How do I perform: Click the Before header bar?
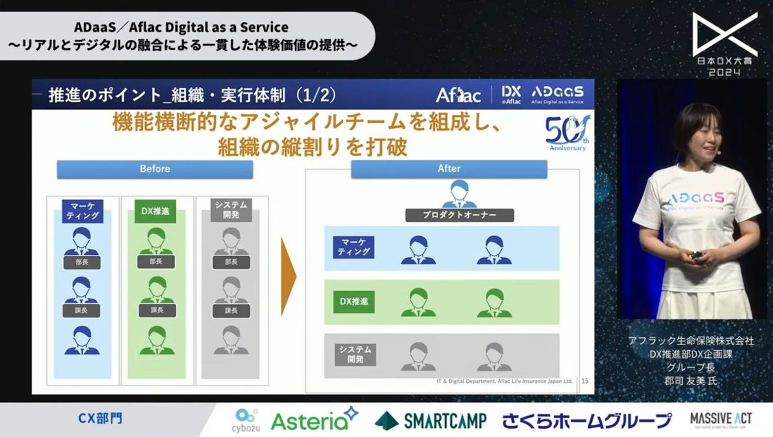point(155,169)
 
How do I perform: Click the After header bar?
point(449,169)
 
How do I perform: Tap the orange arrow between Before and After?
point(289,276)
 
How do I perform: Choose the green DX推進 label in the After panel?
point(354,301)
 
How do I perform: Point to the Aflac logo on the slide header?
point(458,95)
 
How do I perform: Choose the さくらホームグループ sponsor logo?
point(586,421)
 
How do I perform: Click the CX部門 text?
point(100,419)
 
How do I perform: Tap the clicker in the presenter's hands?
point(696,256)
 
